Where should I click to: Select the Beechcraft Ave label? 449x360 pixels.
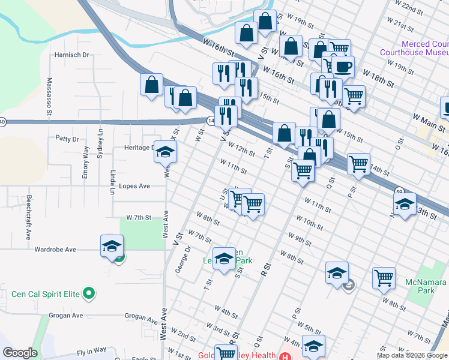tap(28, 217)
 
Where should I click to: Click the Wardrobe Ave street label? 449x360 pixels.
tap(55, 249)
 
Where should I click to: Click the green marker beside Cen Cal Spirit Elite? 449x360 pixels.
tap(89, 293)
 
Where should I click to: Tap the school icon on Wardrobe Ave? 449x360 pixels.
tap(112, 247)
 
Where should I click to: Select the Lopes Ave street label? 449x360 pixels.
tap(134, 186)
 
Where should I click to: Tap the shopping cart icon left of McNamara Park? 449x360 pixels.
tap(384, 278)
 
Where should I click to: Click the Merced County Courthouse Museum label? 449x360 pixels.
tap(414, 48)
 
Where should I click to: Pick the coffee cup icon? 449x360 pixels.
tap(343, 67)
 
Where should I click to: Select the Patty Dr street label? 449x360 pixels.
tap(67, 139)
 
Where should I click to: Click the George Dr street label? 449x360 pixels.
tap(182, 259)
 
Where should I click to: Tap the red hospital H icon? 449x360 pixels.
tap(280, 355)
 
